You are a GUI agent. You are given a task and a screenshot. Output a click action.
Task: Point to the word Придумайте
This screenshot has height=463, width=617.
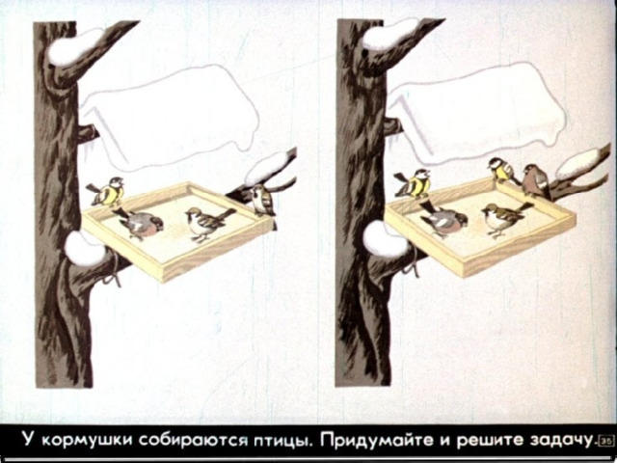(377, 440)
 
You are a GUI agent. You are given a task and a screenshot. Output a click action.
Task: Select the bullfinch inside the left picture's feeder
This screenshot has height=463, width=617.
(139, 223)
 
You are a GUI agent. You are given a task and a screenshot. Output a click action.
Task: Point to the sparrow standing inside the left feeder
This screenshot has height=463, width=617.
(208, 223)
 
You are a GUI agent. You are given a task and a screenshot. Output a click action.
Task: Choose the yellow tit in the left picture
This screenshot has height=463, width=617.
(106, 192)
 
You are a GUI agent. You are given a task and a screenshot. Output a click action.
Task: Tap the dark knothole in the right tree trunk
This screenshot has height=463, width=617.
(365, 52)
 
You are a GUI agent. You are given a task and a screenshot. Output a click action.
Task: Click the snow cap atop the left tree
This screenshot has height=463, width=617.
(75, 46)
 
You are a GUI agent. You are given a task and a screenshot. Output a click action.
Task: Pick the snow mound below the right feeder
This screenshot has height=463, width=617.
(386, 239)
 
